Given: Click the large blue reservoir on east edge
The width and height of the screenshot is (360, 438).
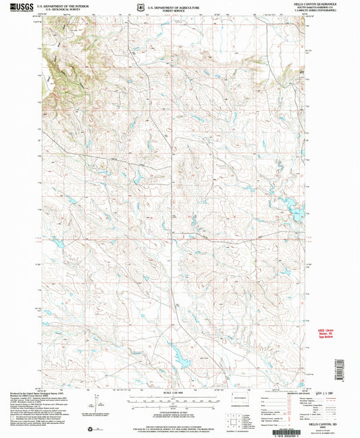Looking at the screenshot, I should click(x=298, y=214).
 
